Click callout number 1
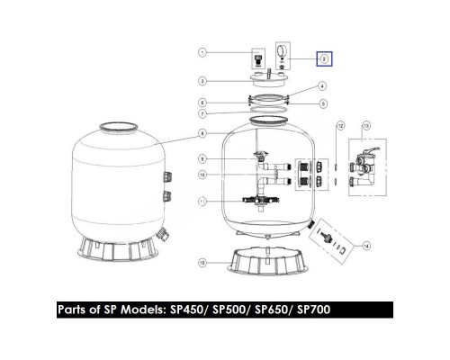click(x=204, y=53)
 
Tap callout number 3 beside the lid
click(x=204, y=80)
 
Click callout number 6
click(x=204, y=103)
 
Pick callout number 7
click(x=204, y=115)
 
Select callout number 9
click(x=204, y=159)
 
